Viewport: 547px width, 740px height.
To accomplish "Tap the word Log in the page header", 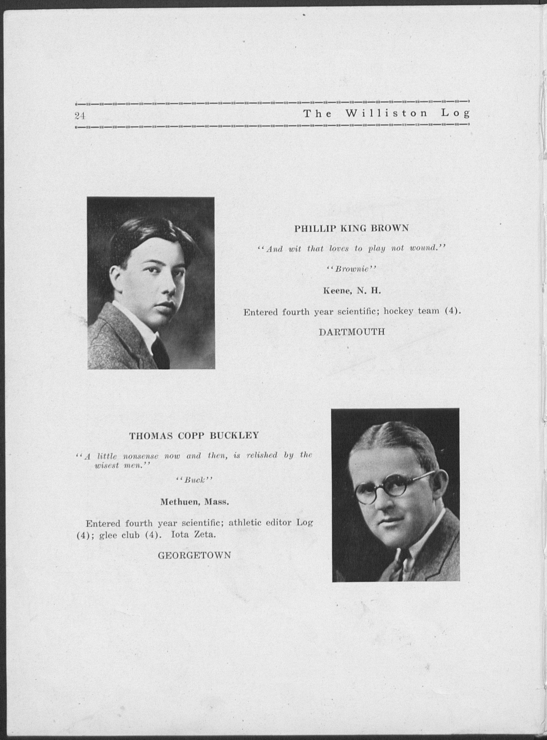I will [455, 114].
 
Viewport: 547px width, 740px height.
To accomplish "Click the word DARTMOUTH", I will [352, 332].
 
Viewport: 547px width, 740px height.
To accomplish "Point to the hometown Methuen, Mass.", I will [194, 502].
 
